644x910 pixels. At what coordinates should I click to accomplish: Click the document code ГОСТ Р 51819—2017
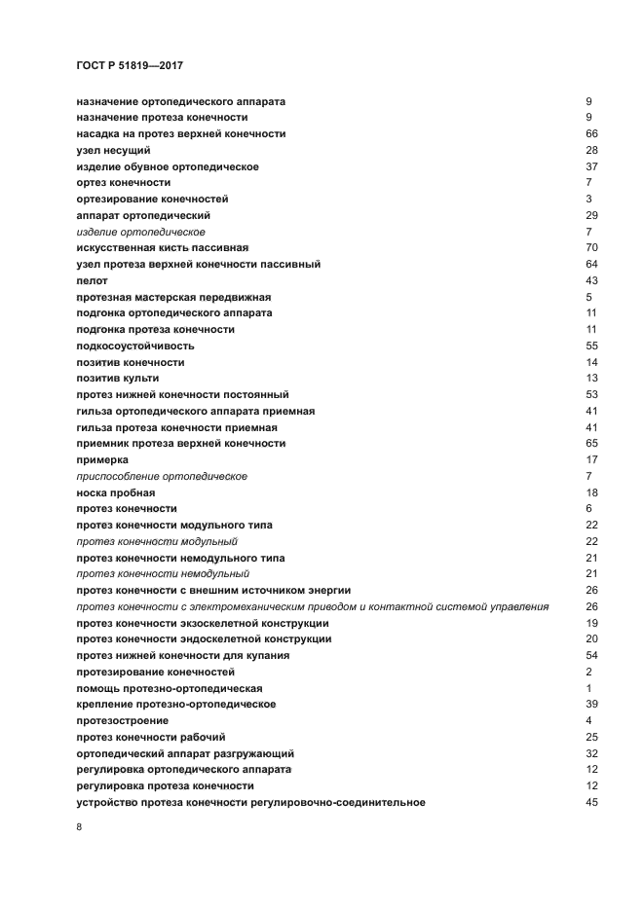click(x=130, y=65)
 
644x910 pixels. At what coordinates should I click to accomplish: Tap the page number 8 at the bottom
click(x=79, y=826)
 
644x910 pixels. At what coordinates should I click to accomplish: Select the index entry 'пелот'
click(x=92, y=280)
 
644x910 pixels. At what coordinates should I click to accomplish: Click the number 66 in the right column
click(x=591, y=133)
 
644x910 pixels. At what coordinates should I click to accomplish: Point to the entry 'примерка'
click(x=102, y=459)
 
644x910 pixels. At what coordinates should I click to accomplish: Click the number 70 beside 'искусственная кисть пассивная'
click(x=591, y=248)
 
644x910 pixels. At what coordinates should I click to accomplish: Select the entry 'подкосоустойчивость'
click(x=135, y=346)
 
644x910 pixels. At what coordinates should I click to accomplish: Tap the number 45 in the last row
click(x=591, y=802)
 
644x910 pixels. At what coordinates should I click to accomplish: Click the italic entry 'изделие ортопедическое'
click(x=140, y=232)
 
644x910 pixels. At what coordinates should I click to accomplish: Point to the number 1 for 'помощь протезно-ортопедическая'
click(x=589, y=688)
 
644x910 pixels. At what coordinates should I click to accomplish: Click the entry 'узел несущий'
click(x=113, y=150)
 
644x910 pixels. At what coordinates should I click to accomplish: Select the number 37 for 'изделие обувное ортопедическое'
click(x=591, y=166)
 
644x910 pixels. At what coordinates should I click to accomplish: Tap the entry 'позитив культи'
click(x=118, y=378)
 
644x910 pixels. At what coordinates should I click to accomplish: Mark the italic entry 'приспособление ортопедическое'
click(x=162, y=476)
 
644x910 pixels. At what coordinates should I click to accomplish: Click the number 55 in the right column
click(x=591, y=346)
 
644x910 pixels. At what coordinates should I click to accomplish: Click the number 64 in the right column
click(x=591, y=264)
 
